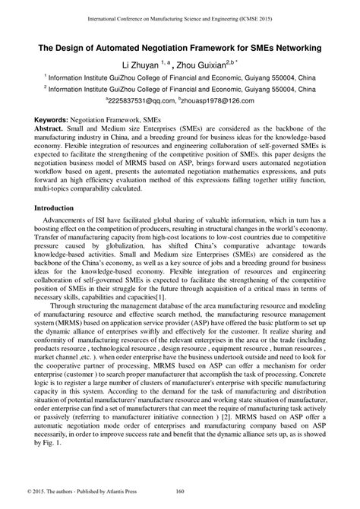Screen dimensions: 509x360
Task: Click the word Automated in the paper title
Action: (x=130, y=47)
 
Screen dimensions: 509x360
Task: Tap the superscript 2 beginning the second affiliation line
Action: (x=46, y=86)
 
